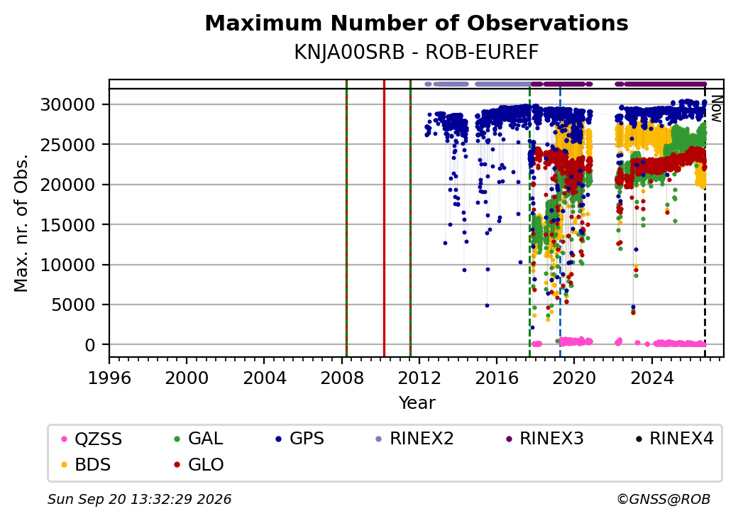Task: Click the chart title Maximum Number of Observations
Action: [417, 23]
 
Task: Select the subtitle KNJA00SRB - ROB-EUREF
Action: [417, 53]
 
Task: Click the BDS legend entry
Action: [87, 464]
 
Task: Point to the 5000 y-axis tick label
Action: [73, 305]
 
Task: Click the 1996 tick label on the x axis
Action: [109, 378]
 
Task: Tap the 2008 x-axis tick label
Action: [342, 378]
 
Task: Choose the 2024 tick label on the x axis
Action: [652, 378]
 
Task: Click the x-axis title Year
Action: [417, 403]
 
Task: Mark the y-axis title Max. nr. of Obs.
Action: [21, 223]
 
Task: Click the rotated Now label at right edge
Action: [717, 109]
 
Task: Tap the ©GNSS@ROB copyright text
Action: [663, 499]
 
